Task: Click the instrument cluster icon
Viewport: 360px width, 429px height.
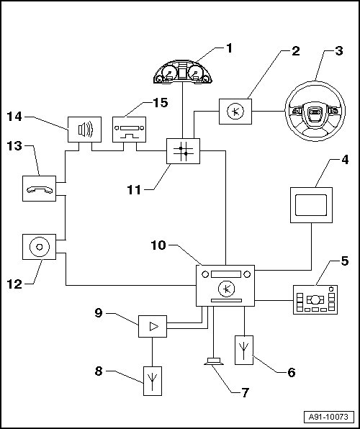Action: (x=183, y=71)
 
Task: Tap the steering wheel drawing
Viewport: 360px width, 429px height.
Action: (x=315, y=111)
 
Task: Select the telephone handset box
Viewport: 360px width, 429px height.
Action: (x=39, y=189)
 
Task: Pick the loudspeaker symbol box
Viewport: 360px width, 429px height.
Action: (x=84, y=130)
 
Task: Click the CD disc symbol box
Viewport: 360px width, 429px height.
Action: (x=39, y=247)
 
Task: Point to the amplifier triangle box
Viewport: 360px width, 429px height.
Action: (x=153, y=326)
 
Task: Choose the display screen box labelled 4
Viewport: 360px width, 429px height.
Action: (x=311, y=205)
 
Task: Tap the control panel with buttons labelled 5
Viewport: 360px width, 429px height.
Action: (x=315, y=299)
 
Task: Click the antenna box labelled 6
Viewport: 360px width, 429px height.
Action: (x=244, y=350)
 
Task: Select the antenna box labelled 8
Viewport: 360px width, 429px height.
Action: (x=153, y=381)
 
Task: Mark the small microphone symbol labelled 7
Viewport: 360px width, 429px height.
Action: (x=214, y=361)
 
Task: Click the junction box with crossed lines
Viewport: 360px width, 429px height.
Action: (x=183, y=151)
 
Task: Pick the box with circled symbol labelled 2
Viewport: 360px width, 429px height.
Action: (x=235, y=112)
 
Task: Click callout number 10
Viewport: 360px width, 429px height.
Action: (x=158, y=245)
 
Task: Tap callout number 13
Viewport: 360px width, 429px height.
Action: (x=14, y=146)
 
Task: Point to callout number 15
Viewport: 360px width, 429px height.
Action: (x=160, y=103)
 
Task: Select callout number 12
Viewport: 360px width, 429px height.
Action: (x=14, y=284)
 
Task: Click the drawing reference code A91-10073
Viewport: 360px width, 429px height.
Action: (x=328, y=417)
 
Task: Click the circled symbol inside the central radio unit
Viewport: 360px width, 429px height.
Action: (x=226, y=289)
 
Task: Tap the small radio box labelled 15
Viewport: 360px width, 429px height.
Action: (x=129, y=130)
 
